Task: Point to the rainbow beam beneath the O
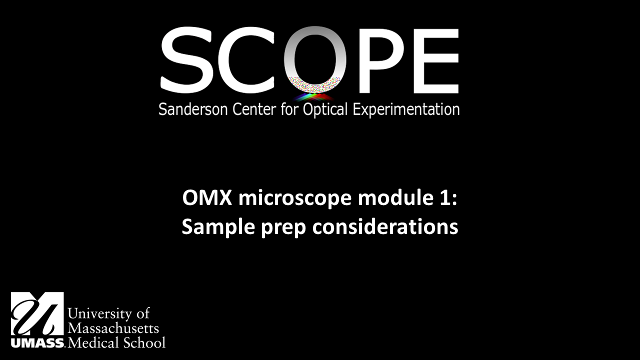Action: pyautogui.click(x=314, y=96)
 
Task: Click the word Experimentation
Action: pyautogui.click(x=406, y=109)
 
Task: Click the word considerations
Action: pyautogui.click(x=385, y=227)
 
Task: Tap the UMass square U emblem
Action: pyautogui.click(x=37, y=314)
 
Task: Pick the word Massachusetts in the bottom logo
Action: pyautogui.click(x=113, y=328)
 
